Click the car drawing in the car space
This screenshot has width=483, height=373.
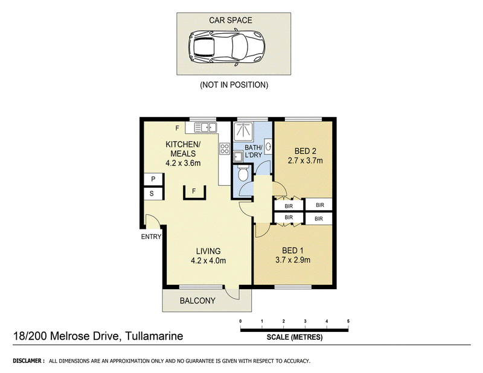tap(227, 47)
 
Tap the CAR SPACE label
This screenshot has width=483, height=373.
tap(231, 21)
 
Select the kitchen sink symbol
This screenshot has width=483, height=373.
tap(205, 127)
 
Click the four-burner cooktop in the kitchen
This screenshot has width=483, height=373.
tap(225, 148)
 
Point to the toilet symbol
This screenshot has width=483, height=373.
tap(243, 174)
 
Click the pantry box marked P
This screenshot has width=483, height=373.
tap(153, 179)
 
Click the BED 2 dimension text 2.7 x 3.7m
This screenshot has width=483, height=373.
tap(305, 161)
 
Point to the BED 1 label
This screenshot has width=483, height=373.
tap(293, 250)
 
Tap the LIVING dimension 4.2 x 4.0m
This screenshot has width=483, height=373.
tap(208, 261)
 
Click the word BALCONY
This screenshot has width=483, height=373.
tap(197, 301)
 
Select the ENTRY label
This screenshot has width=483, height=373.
tap(151, 237)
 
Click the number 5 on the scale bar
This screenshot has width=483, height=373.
tap(348, 321)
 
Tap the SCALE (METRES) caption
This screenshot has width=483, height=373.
tap(295, 337)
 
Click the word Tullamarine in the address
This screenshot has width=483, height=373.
tap(155, 336)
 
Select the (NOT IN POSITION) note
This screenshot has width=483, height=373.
tap(234, 84)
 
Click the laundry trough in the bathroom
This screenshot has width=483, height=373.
tap(238, 157)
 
